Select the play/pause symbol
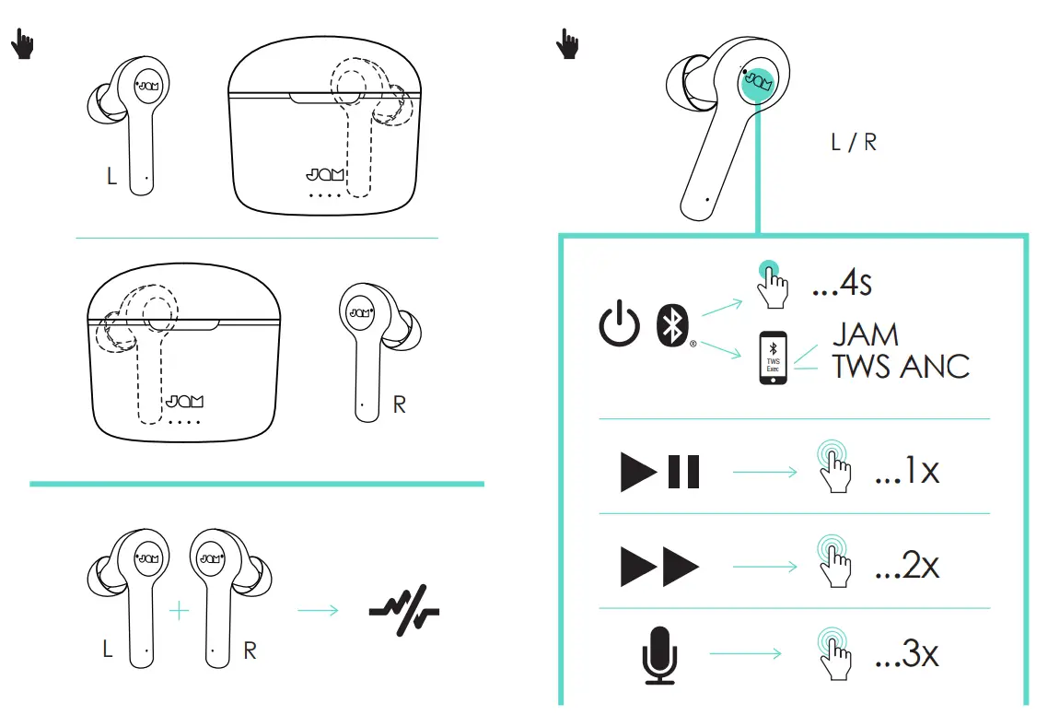660,472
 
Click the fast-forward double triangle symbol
660,565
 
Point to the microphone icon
658,655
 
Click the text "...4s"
841,283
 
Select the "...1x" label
907,472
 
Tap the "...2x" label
907,565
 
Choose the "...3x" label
907,655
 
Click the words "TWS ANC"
901,366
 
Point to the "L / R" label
853,143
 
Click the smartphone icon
774,358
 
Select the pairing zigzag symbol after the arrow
403,609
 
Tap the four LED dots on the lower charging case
185,421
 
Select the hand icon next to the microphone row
836,655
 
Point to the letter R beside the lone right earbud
399,405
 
